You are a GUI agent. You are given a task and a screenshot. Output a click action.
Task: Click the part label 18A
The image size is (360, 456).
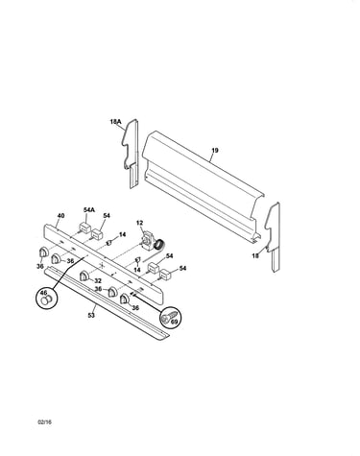[115, 122]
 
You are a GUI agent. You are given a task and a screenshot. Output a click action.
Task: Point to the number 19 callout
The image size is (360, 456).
[215, 150]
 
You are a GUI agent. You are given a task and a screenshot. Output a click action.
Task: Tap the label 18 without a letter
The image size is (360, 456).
[255, 255]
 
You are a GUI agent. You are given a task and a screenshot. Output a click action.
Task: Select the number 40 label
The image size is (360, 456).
[60, 216]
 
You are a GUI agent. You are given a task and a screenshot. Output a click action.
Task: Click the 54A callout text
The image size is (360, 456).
[89, 210]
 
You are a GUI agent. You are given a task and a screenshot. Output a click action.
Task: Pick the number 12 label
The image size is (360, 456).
[139, 223]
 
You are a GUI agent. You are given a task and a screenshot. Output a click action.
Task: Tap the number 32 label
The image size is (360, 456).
[98, 281]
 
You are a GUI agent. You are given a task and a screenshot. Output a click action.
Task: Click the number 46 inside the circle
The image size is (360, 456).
[43, 293]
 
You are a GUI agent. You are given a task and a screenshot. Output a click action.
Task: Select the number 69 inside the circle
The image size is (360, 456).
[174, 322]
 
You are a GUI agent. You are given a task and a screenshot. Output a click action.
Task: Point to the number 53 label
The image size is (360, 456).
[91, 316]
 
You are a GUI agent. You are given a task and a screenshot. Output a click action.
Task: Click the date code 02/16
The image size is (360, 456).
[44, 421]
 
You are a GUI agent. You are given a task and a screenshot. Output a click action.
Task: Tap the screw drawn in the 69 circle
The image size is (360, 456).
[168, 316]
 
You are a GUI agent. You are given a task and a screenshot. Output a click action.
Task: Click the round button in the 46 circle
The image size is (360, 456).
[46, 300]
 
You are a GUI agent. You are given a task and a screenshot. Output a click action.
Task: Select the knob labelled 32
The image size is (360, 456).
[84, 276]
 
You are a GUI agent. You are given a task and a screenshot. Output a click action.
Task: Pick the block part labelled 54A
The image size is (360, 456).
[84, 228]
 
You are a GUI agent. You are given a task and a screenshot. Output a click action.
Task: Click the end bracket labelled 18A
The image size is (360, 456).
[132, 153]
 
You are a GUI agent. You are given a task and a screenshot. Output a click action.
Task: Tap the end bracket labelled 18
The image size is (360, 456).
[273, 236]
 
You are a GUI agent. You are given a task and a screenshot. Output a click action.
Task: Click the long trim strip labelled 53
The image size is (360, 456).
[107, 302]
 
